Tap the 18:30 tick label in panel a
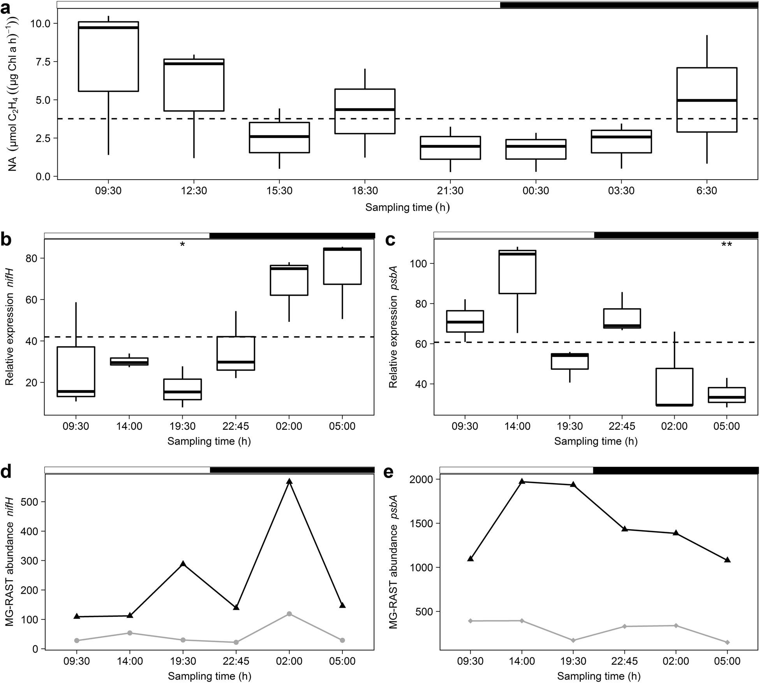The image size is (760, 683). click(x=365, y=191)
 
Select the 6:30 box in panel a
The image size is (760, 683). click(x=707, y=100)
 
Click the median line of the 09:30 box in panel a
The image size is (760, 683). click(x=108, y=27)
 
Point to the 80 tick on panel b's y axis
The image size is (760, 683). click(x=31, y=259)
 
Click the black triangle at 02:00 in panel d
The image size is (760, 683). click(x=289, y=482)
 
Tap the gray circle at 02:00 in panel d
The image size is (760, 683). click(x=289, y=614)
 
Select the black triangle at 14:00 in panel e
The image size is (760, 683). click(x=522, y=482)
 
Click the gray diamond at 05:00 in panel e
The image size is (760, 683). click(x=727, y=642)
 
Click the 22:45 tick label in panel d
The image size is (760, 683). click(x=236, y=662)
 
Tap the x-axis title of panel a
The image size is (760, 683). click(x=407, y=207)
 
